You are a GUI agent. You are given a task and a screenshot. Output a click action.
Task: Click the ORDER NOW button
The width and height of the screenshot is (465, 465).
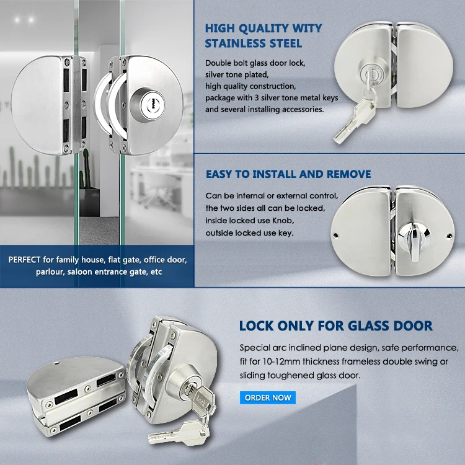(268, 397)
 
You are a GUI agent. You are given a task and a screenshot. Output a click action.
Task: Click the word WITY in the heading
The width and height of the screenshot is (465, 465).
(307, 29)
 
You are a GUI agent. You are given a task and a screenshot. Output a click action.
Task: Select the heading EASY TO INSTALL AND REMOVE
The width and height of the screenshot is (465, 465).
(288, 174)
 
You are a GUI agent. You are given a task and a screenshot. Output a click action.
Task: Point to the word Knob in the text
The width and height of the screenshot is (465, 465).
(283, 221)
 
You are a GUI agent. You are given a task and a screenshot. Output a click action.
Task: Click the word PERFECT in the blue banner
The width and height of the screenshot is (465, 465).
(24, 260)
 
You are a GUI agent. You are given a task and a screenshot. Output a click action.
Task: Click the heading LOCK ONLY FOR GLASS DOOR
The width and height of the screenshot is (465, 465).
(335, 326)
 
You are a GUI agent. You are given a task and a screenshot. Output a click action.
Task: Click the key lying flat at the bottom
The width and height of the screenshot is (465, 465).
(178, 433)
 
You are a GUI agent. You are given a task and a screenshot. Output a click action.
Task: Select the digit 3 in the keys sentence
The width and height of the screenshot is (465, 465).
(257, 98)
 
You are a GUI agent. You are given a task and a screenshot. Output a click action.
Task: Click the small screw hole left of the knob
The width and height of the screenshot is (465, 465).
(335, 236)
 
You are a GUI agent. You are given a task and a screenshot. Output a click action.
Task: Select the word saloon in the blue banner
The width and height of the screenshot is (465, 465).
(79, 272)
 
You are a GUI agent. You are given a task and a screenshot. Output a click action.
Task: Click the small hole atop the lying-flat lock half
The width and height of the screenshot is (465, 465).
(58, 363)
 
